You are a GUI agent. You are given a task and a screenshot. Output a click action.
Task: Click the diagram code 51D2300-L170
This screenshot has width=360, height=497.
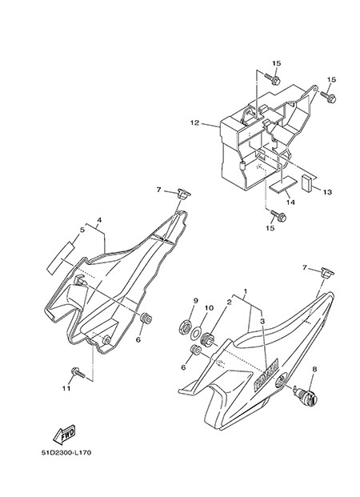coord(66,452)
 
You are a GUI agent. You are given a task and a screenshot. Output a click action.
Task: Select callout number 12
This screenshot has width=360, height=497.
coord(194,122)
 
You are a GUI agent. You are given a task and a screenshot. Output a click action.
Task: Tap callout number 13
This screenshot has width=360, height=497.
coord(327,192)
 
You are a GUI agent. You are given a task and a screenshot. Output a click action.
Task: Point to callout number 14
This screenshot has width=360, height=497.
coord(290,202)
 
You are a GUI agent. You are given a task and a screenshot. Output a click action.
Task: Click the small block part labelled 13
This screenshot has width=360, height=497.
coord(306,183)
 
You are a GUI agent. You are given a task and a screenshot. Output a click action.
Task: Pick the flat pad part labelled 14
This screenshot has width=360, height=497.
coord(283,186)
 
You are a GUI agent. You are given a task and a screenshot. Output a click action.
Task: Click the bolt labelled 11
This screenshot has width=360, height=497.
coord(78,373)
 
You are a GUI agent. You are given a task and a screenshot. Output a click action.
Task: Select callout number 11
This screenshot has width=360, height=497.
coord(66,388)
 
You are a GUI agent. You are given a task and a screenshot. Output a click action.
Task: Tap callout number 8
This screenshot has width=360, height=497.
coord(314,369)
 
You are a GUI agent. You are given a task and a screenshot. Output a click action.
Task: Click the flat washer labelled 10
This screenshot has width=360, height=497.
coord(195,333)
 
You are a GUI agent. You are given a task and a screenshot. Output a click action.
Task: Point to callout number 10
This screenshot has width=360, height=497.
coord(209,308)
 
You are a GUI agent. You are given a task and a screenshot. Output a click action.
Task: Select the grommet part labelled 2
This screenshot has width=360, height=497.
coord(207,339)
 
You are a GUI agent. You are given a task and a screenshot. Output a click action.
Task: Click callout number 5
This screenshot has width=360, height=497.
coord(82,230)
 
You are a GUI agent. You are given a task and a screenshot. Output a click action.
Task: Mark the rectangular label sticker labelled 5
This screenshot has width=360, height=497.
coord(61,257)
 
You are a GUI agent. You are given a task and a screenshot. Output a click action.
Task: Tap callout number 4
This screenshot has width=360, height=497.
coord(99,219)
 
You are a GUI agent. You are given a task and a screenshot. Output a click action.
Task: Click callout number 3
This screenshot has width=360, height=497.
coord(262,321)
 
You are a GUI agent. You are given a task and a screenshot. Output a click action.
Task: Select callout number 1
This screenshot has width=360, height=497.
coord(245,291)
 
